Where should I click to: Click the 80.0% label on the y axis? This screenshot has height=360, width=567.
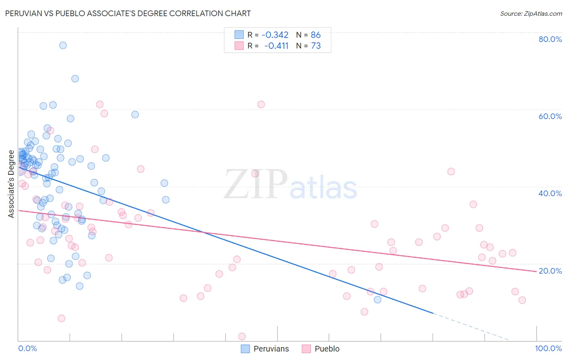pos(550,39)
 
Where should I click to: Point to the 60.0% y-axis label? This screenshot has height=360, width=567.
pos(550,116)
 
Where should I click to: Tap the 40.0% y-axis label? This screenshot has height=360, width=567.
pos(550,193)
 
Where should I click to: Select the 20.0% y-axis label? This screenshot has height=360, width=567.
pos(550,271)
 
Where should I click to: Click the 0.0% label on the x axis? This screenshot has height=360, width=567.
pos(27,348)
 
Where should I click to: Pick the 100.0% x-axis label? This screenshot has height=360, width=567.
pos(548,348)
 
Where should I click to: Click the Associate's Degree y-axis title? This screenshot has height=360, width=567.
pos(11,184)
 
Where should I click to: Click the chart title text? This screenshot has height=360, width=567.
pos(128,14)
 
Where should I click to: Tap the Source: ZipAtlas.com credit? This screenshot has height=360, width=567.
pos(531,14)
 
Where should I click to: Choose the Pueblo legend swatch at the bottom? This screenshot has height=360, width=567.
pos(306,349)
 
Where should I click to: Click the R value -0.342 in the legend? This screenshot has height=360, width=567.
pos(275,35)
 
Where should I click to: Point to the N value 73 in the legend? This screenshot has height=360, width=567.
pos(316,46)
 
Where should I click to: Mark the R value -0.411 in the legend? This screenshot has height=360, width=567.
pos(276,46)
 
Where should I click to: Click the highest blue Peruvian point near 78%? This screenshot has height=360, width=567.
pos(63,45)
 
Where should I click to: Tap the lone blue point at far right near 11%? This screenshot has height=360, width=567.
pos(377,299)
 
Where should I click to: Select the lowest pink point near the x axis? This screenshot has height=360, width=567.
pos(242,337)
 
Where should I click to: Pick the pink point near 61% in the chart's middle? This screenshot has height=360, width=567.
pos(261,105)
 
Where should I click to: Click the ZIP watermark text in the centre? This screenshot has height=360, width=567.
pos(255,184)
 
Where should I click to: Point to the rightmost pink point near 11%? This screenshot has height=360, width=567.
pos(522,300)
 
